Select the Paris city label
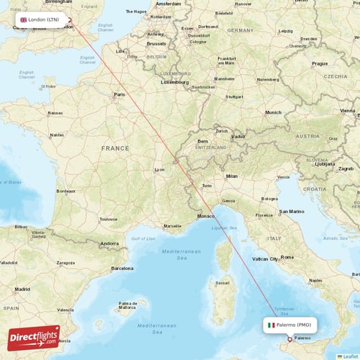[x=120, y=94]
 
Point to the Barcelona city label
[x=122, y=268]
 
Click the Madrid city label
[x=22, y=289]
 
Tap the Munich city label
[x=273, y=112]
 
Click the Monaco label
[x=206, y=216]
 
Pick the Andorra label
[x=109, y=243]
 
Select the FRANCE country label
[x=115, y=148]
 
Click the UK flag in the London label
[x=24, y=19]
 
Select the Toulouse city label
[x=108, y=218]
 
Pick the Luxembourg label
[x=174, y=82]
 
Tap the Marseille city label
[x=173, y=225]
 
